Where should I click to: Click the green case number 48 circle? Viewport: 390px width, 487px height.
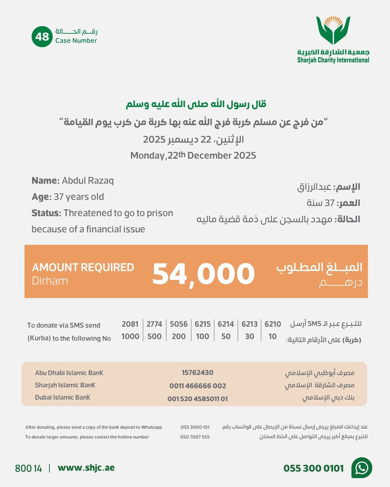[42, 37]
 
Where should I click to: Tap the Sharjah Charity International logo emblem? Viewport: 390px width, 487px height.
[333, 31]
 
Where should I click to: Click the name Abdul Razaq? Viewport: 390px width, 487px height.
[88, 181]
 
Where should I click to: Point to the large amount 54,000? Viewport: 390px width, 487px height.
[203, 274]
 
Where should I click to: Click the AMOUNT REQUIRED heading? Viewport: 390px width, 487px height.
[83, 267]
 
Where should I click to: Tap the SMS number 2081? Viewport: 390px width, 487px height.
[130, 324]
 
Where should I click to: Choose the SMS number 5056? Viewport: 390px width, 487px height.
[179, 324]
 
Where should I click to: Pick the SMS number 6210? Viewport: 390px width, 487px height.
[273, 324]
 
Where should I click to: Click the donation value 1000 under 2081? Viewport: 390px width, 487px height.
[130, 336]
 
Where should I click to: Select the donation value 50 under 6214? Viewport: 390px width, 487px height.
[226, 336]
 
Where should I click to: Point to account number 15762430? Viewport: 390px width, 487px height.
[197, 373]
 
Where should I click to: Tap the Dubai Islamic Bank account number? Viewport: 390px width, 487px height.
[197, 399]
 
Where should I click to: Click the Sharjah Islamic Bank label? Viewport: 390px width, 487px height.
[65, 385]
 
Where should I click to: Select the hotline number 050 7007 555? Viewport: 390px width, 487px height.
[195, 437]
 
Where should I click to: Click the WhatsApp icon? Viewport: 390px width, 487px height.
[362, 468]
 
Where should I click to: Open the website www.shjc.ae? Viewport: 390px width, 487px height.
[86, 468]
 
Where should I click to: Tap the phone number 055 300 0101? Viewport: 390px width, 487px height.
[313, 468]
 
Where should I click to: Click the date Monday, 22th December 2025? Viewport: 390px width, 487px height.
[193, 155]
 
